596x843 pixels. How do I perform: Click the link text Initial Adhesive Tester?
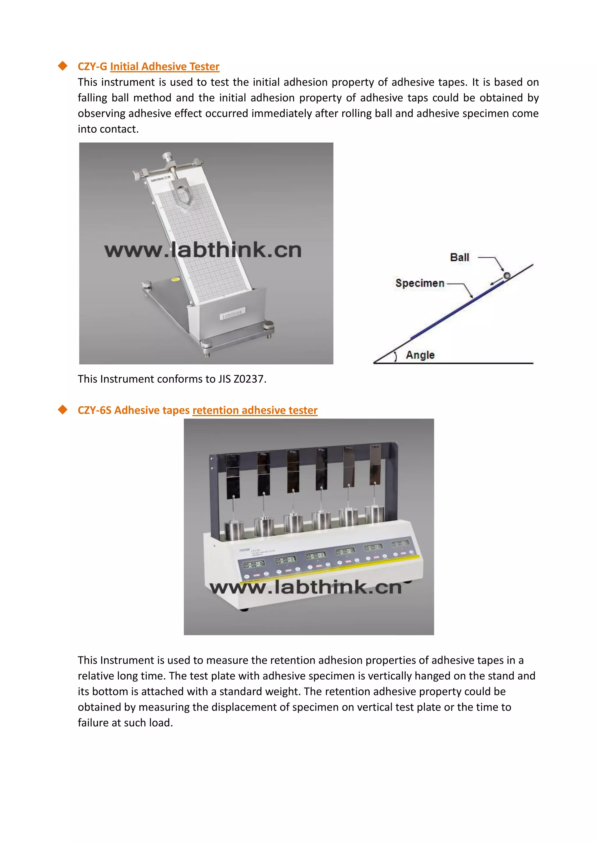coord(164,66)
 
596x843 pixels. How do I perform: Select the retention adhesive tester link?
coord(255,410)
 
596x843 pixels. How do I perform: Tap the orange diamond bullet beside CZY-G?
coord(63,66)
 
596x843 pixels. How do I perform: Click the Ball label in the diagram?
coord(460,257)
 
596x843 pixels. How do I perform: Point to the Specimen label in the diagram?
coord(420,283)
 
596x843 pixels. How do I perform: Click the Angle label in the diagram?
coord(420,355)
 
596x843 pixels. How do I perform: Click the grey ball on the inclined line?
coord(507,275)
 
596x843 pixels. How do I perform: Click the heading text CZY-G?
coord(92,66)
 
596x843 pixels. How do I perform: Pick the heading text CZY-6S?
coord(94,410)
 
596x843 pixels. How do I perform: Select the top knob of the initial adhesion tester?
coord(169,157)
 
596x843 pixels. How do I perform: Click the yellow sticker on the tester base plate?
coord(176,279)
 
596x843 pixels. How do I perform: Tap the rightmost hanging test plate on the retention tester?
coord(375,463)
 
